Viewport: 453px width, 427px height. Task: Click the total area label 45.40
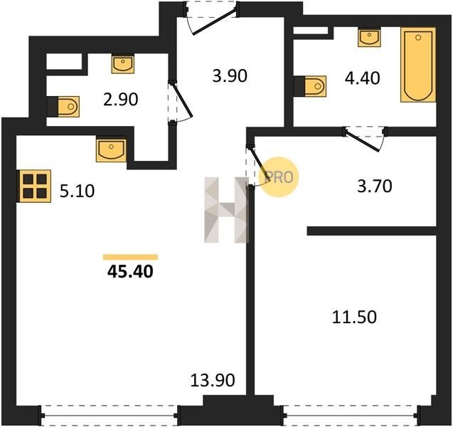coord(130,272)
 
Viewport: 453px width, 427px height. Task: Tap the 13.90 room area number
coord(213,380)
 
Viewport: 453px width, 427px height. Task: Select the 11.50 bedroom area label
coord(354,317)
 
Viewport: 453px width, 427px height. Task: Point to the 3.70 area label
coord(375,186)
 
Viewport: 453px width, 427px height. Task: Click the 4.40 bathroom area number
coord(362,78)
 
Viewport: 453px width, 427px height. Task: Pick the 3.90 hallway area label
coord(230,76)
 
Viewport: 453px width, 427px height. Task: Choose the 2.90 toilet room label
coord(121,99)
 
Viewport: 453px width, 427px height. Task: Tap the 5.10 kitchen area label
coord(77,191)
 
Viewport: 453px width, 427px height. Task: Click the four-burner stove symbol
coord(35,186)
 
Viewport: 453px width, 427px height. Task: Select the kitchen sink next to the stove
coord(111,150)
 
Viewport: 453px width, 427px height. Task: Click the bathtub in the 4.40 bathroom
coord(418,65)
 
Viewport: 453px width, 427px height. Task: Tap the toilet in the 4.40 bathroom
coord(311,86)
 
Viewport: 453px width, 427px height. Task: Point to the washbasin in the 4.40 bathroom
coord(369,37)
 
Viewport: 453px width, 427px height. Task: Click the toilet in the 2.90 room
coord(63,106)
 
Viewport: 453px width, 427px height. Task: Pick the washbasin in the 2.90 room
coord(123,64)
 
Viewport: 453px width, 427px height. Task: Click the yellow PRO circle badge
coord(278,177)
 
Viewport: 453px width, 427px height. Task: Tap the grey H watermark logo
coord(226,210)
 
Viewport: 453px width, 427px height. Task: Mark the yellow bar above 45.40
coord(130,257)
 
